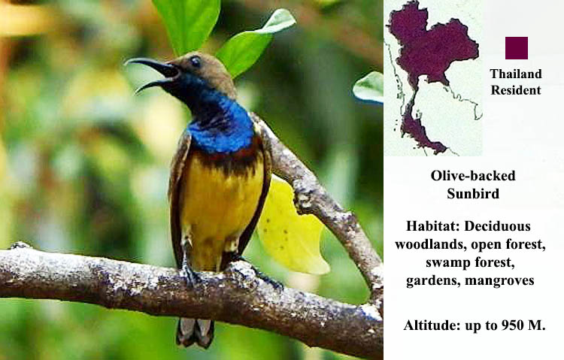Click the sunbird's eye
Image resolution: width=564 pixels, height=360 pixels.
(x=196, y=62)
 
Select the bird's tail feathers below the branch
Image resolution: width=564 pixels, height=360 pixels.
(x=195, y=331)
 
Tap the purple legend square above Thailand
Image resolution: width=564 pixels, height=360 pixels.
(x=516, y=47)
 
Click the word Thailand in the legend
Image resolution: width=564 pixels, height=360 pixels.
(x=516, y=74)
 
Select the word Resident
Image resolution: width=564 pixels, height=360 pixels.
(x=516, y=90)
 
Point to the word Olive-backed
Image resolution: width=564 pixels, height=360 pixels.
(x=473, y=175)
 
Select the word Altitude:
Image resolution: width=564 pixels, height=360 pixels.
(x=434, y=325)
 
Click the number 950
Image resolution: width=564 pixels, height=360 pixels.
(x=508, y=325)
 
